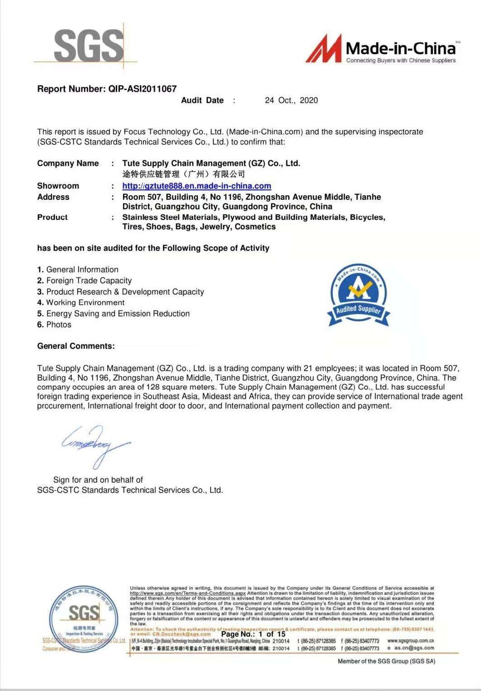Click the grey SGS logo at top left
tap(88, 45)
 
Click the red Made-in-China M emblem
tap(324, 49)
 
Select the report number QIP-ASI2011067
tap(142, 89)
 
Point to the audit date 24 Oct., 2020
tap(291, 100)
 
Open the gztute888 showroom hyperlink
tap(196, 186)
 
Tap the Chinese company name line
tap(183, 174)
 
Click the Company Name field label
tap(68, 163)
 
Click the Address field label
tap(53, 197)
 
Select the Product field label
tap(52, 217)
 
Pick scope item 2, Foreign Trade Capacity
tap(84, 281)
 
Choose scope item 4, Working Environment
tap(81, 302)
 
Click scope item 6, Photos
tap(54, 325)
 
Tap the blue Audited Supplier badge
tap(358, 295)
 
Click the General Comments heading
tap(76, 346)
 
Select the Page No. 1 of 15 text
tap(253, 634)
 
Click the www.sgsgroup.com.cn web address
tap(411, 641)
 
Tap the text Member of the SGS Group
tap(386, 661)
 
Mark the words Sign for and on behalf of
tap(98, 480)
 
